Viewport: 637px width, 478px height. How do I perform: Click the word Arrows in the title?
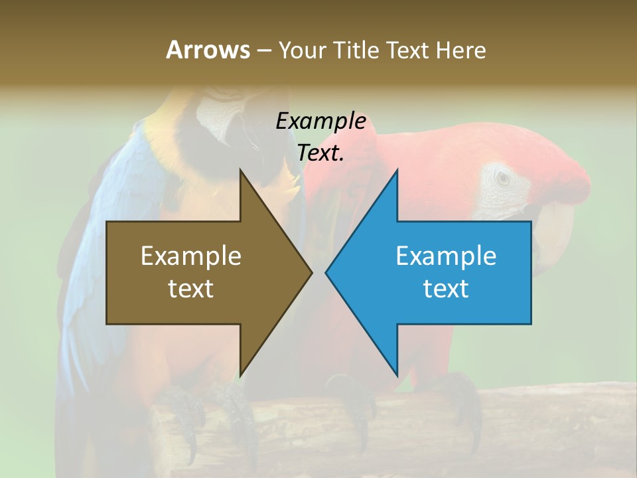[x=208, y=50]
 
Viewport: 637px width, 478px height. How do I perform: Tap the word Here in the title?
[x=460, y=50]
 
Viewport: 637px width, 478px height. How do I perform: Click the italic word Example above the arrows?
[x=320, y=121]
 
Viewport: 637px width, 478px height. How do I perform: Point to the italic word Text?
[x=320, y=153]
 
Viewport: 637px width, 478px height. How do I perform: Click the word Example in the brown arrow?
[x=191, y=256]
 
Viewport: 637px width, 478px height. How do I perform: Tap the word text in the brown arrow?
[x=191, y=289]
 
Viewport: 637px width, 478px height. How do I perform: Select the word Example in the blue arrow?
[x=446, y=256]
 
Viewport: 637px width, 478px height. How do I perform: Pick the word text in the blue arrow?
[x=446, y=289]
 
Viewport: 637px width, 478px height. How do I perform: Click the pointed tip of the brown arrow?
[x=311, y=272]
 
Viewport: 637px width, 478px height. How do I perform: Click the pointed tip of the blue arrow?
[x=327, y=272]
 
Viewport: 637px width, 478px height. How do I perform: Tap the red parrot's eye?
[x=503, y=177]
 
